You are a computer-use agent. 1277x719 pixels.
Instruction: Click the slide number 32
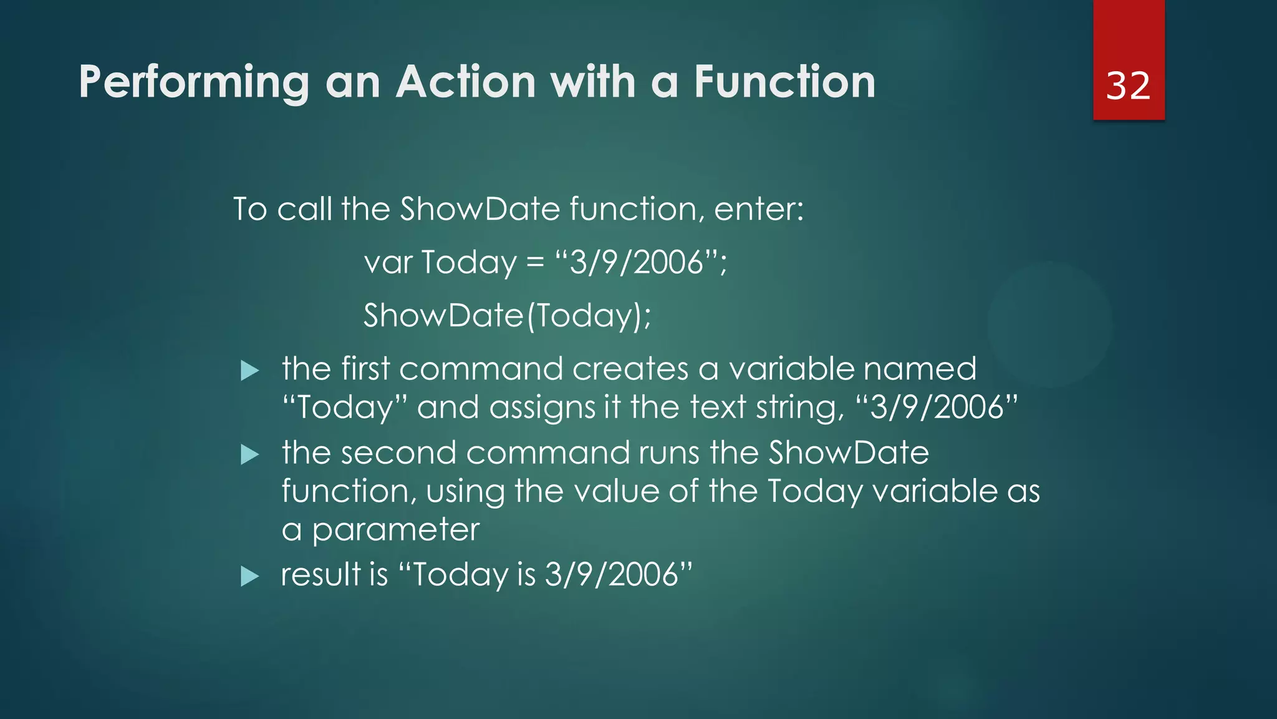click(x=1127, y=86)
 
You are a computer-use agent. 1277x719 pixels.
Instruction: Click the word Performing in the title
click(x=193, y=83)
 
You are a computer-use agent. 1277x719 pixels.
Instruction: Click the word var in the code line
click(x=388, y=262)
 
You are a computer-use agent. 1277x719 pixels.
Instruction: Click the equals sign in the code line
click(x=535, y=263)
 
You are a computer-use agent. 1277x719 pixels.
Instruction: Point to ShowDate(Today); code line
click(x=507, y=315)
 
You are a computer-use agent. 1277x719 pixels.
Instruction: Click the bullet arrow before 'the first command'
click(x=249, y=371)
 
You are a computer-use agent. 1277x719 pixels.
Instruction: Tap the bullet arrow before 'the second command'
click(x=249, y=454)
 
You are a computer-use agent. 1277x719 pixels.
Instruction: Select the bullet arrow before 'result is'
click(x=249, y=575)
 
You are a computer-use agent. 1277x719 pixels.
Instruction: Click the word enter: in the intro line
click(x=758, y=209)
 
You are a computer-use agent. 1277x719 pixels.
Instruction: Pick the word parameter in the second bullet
click(x=395, y=530)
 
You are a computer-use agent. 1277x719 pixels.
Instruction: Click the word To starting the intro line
click(x=250, y=209)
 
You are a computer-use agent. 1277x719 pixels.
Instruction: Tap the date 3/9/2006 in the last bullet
click(x=611, y=574)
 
